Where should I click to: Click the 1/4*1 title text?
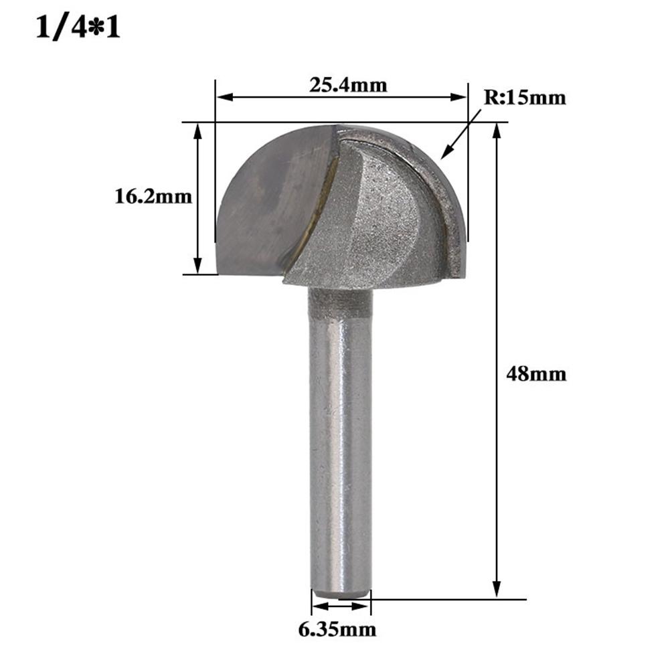click(78, 29)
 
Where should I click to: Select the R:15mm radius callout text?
click(525, 98)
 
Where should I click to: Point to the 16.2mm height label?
click(153, 197)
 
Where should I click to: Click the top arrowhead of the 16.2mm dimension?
click(197, 130)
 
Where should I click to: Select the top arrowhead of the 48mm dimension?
click(497, 130)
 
